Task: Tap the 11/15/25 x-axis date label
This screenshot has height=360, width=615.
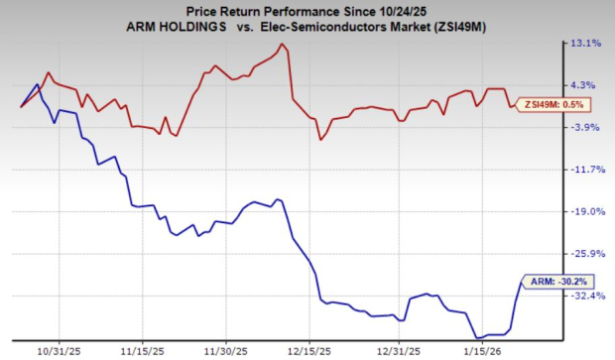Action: pyautogui.click(x=143, y=350)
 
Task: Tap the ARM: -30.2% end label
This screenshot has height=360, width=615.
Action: pyautogui.click(x=546, y=282)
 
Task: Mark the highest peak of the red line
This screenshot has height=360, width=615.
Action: pyautogui.click(x=283, y=44)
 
